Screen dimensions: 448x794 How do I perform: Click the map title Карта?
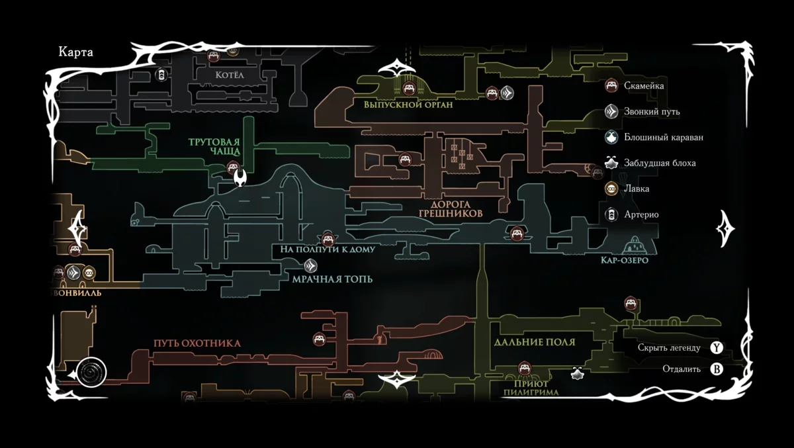[76, 53]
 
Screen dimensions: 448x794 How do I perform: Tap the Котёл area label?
[230, 75]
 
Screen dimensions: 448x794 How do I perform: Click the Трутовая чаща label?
[214, 147]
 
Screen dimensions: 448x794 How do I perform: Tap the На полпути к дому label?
[328, 249]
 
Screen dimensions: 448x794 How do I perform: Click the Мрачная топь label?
[332, 279]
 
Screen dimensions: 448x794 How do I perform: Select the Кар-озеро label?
[624, 261]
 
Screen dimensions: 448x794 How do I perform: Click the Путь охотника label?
[197, 343]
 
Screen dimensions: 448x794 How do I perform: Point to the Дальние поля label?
[534, 342]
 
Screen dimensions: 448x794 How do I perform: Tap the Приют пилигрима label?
[531, 388]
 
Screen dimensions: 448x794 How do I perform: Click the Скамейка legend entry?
[644, 85]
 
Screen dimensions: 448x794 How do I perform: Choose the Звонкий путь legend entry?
[652, 112]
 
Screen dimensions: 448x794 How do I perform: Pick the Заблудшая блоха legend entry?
[660, 163]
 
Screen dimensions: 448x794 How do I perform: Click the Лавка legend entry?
[637, 189]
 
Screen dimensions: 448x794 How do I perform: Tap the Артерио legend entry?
[641, 214]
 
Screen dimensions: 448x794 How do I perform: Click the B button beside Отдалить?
[717, 369]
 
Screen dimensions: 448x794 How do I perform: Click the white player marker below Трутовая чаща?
[242, 177]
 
